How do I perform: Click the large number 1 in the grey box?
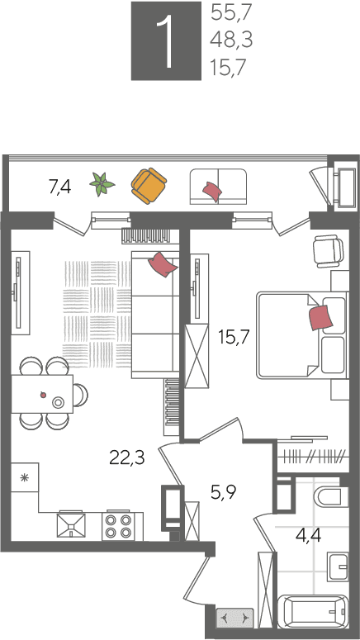[x=166, y=40]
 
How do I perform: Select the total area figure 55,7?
[x=231, y=13]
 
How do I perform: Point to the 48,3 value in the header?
[x=231, y=40]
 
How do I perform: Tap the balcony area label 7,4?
[x=60, y=187]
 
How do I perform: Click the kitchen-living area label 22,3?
[x=127, y=457]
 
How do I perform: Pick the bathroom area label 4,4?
[x=308, y=534]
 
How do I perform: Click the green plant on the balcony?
[x=102, y=184]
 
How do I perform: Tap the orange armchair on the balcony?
[x=149, y=186]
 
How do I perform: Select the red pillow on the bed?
[x=322, y=318]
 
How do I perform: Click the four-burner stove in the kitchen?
[x=118, y=526]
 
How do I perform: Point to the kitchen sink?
[x=71, y=526]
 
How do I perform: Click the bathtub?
[x=313, y=612]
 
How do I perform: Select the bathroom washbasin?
[x=338, y=567]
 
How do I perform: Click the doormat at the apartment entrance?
[x=234, y=618]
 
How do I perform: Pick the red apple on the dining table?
[x=43, y=394]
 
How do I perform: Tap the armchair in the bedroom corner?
[x=328, y=252]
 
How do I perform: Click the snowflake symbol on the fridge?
[x=25, y=477]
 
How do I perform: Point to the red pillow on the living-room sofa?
[x=163, y=264]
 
